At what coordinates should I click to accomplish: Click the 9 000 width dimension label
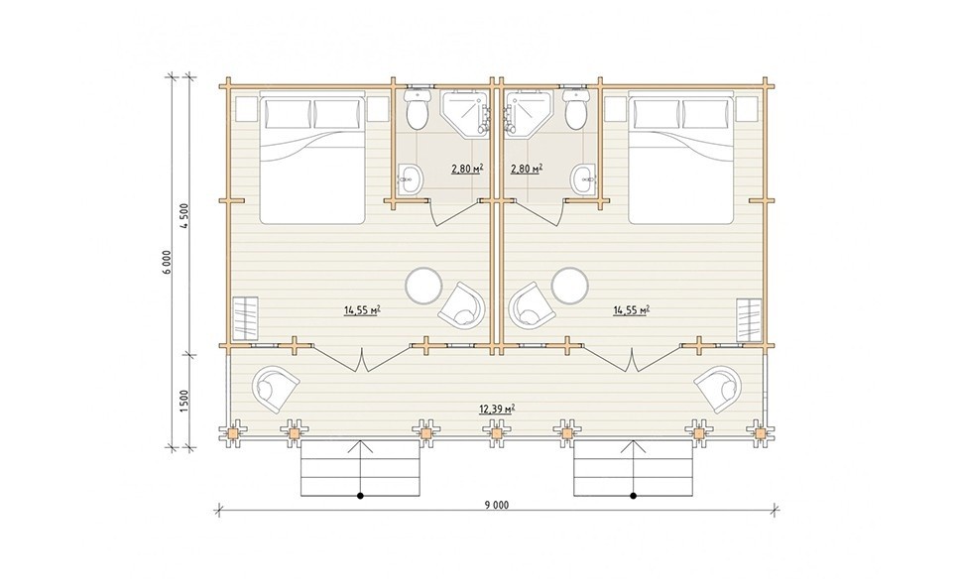(x=498, y=505)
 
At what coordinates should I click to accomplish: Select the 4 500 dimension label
(x=185, y=215)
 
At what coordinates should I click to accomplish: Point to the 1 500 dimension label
(x=185, y=401)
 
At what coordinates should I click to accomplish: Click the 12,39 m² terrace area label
(x=497, y=409)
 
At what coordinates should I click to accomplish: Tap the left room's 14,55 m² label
(x=363, y=310)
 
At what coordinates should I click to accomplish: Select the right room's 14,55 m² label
(x=631, y=310)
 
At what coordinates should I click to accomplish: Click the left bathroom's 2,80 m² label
(x=465, y=169)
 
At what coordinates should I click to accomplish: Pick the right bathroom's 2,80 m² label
(x=526, y=169)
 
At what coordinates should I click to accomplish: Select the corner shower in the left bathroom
(x=465, y=112)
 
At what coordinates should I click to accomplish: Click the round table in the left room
(x=424, y=286)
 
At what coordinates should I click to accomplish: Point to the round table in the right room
(x=570, y=286)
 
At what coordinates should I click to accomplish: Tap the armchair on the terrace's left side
(x=275, y=388)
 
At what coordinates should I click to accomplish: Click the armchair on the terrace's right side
(x=718, y=388)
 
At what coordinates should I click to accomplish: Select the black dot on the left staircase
(x=361, y=495)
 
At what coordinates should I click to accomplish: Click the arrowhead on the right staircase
(x=633, y=444)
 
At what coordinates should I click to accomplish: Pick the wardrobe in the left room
(x=245, y=318)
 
